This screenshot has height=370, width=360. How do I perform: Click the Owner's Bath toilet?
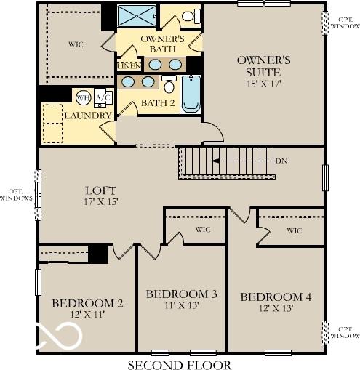(x=191, y=16)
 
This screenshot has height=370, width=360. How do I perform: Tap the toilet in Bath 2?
(x=169, y=84)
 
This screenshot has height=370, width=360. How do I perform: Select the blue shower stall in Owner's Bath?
(x=137, y=16)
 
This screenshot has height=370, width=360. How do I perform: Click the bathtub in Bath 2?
(x=191, y=94)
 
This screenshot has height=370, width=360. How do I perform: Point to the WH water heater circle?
(x=83, y=98)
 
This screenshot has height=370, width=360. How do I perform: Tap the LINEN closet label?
(x=129, y=66)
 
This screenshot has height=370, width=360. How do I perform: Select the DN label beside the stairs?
(x=281, y=161)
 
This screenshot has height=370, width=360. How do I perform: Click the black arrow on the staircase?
(x=216, y=161)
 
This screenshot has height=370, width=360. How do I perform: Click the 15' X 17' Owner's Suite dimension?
(x=263, y=84)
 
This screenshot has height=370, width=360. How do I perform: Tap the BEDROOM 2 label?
(x=87, y=303)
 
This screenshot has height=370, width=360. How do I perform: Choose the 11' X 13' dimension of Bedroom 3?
(x=182, y=305)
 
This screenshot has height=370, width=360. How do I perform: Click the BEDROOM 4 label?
(x=276, y=297)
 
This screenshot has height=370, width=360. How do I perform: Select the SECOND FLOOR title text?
(x=180, y=365)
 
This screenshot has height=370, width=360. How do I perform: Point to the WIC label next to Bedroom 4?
(x=295, y=230)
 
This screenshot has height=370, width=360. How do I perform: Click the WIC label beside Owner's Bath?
(x=76, y=44)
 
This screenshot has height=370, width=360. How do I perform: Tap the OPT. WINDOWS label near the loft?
(x=16, y=195)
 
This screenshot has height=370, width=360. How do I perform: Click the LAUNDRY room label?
(x=88, y=116)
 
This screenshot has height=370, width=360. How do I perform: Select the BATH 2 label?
(x=158, y=103)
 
